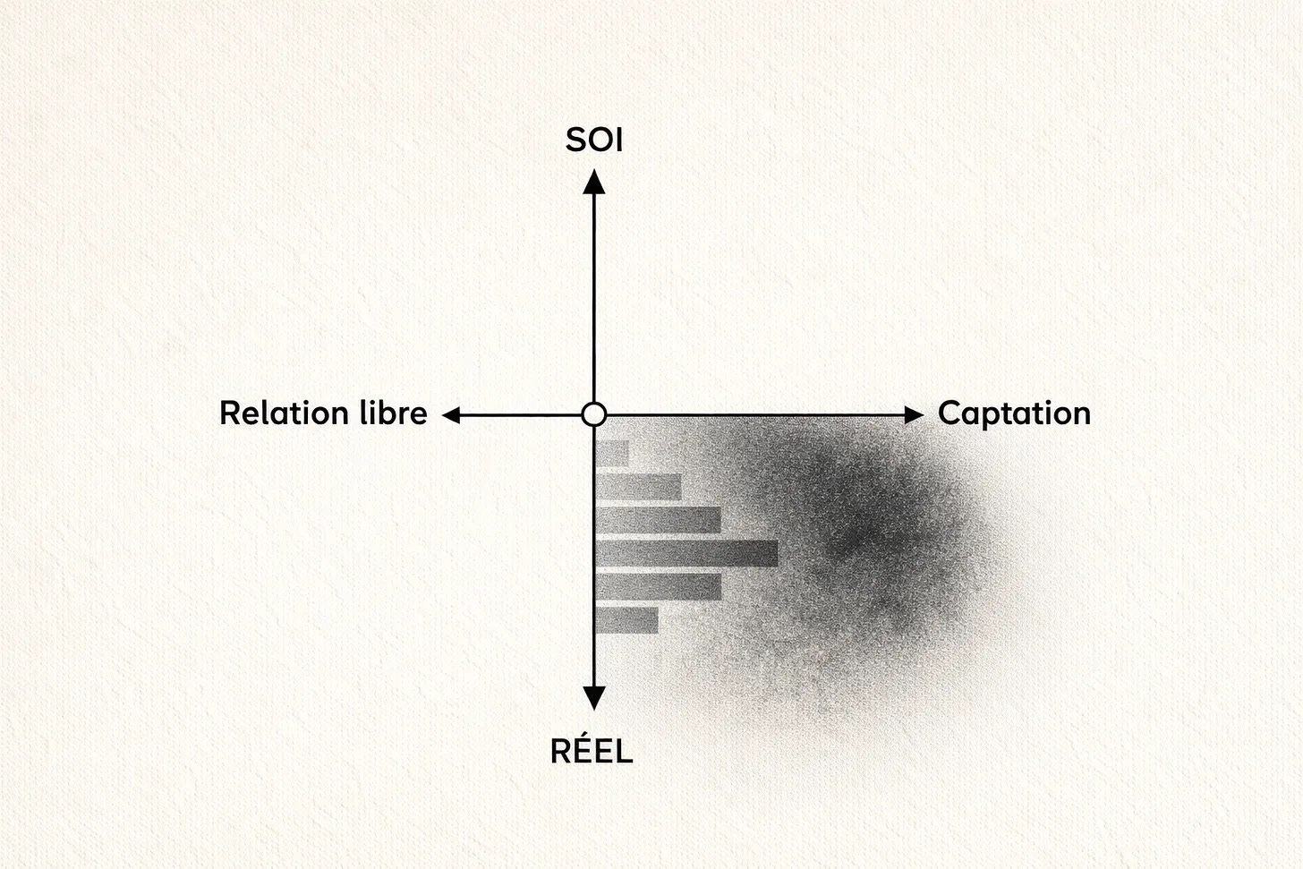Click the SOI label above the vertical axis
593,141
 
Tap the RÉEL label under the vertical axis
592,752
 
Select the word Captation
1014,413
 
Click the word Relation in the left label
284,413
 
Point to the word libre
392,413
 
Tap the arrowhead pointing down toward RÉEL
594,697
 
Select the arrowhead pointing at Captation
913,414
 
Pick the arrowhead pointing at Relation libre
453,414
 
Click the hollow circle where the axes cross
593,414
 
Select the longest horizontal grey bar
686,554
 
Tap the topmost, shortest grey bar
612,454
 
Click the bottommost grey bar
626,620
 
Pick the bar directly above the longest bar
658,520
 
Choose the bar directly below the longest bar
658,587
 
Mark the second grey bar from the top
638,487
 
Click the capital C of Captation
949,413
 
